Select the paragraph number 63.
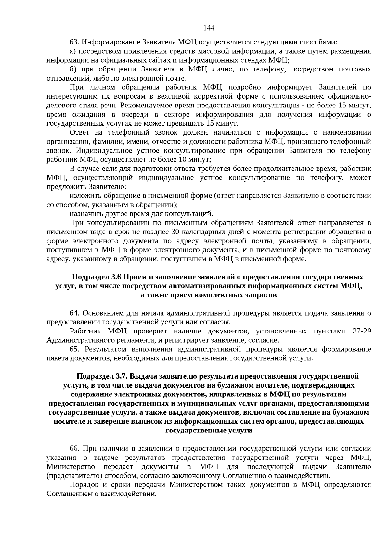coord(74,42)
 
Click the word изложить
coord(85,196)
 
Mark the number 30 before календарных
coord(175,232)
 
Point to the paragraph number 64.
coord(74,313)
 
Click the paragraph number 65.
coord(74,349)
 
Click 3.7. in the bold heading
coord(123,376)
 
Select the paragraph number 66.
coord(74,449)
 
